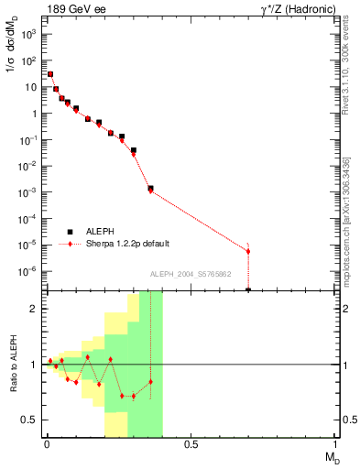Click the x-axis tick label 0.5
(191, 444)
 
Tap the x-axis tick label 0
(45, 444)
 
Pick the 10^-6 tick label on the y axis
(29, 271)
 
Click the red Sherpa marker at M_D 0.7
(248, 251)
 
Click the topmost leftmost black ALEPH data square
(50, 74)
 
